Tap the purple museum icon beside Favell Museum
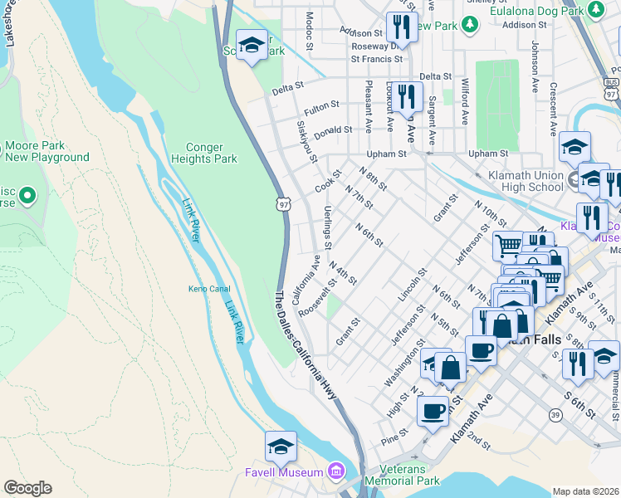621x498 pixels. point(335,472)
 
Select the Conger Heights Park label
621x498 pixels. point(204,153)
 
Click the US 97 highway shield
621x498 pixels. point(283,203)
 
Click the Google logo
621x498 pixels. point(27,488)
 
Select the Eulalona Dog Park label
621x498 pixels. point(536,11)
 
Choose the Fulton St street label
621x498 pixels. point(321,108)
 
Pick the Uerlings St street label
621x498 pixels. point(328,227)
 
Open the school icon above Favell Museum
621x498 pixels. point(281,447)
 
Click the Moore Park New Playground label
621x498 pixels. point(47,151)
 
